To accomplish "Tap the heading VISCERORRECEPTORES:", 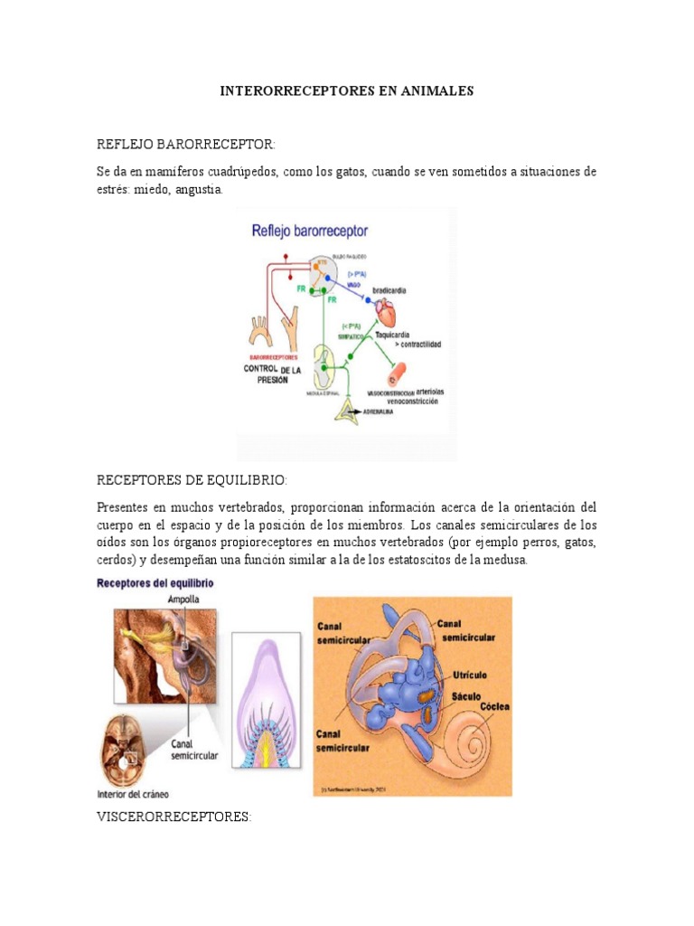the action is click(x=173, y=817).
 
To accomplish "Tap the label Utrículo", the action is click(x=471, y=676).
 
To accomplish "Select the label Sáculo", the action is click(x=466, y=697).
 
